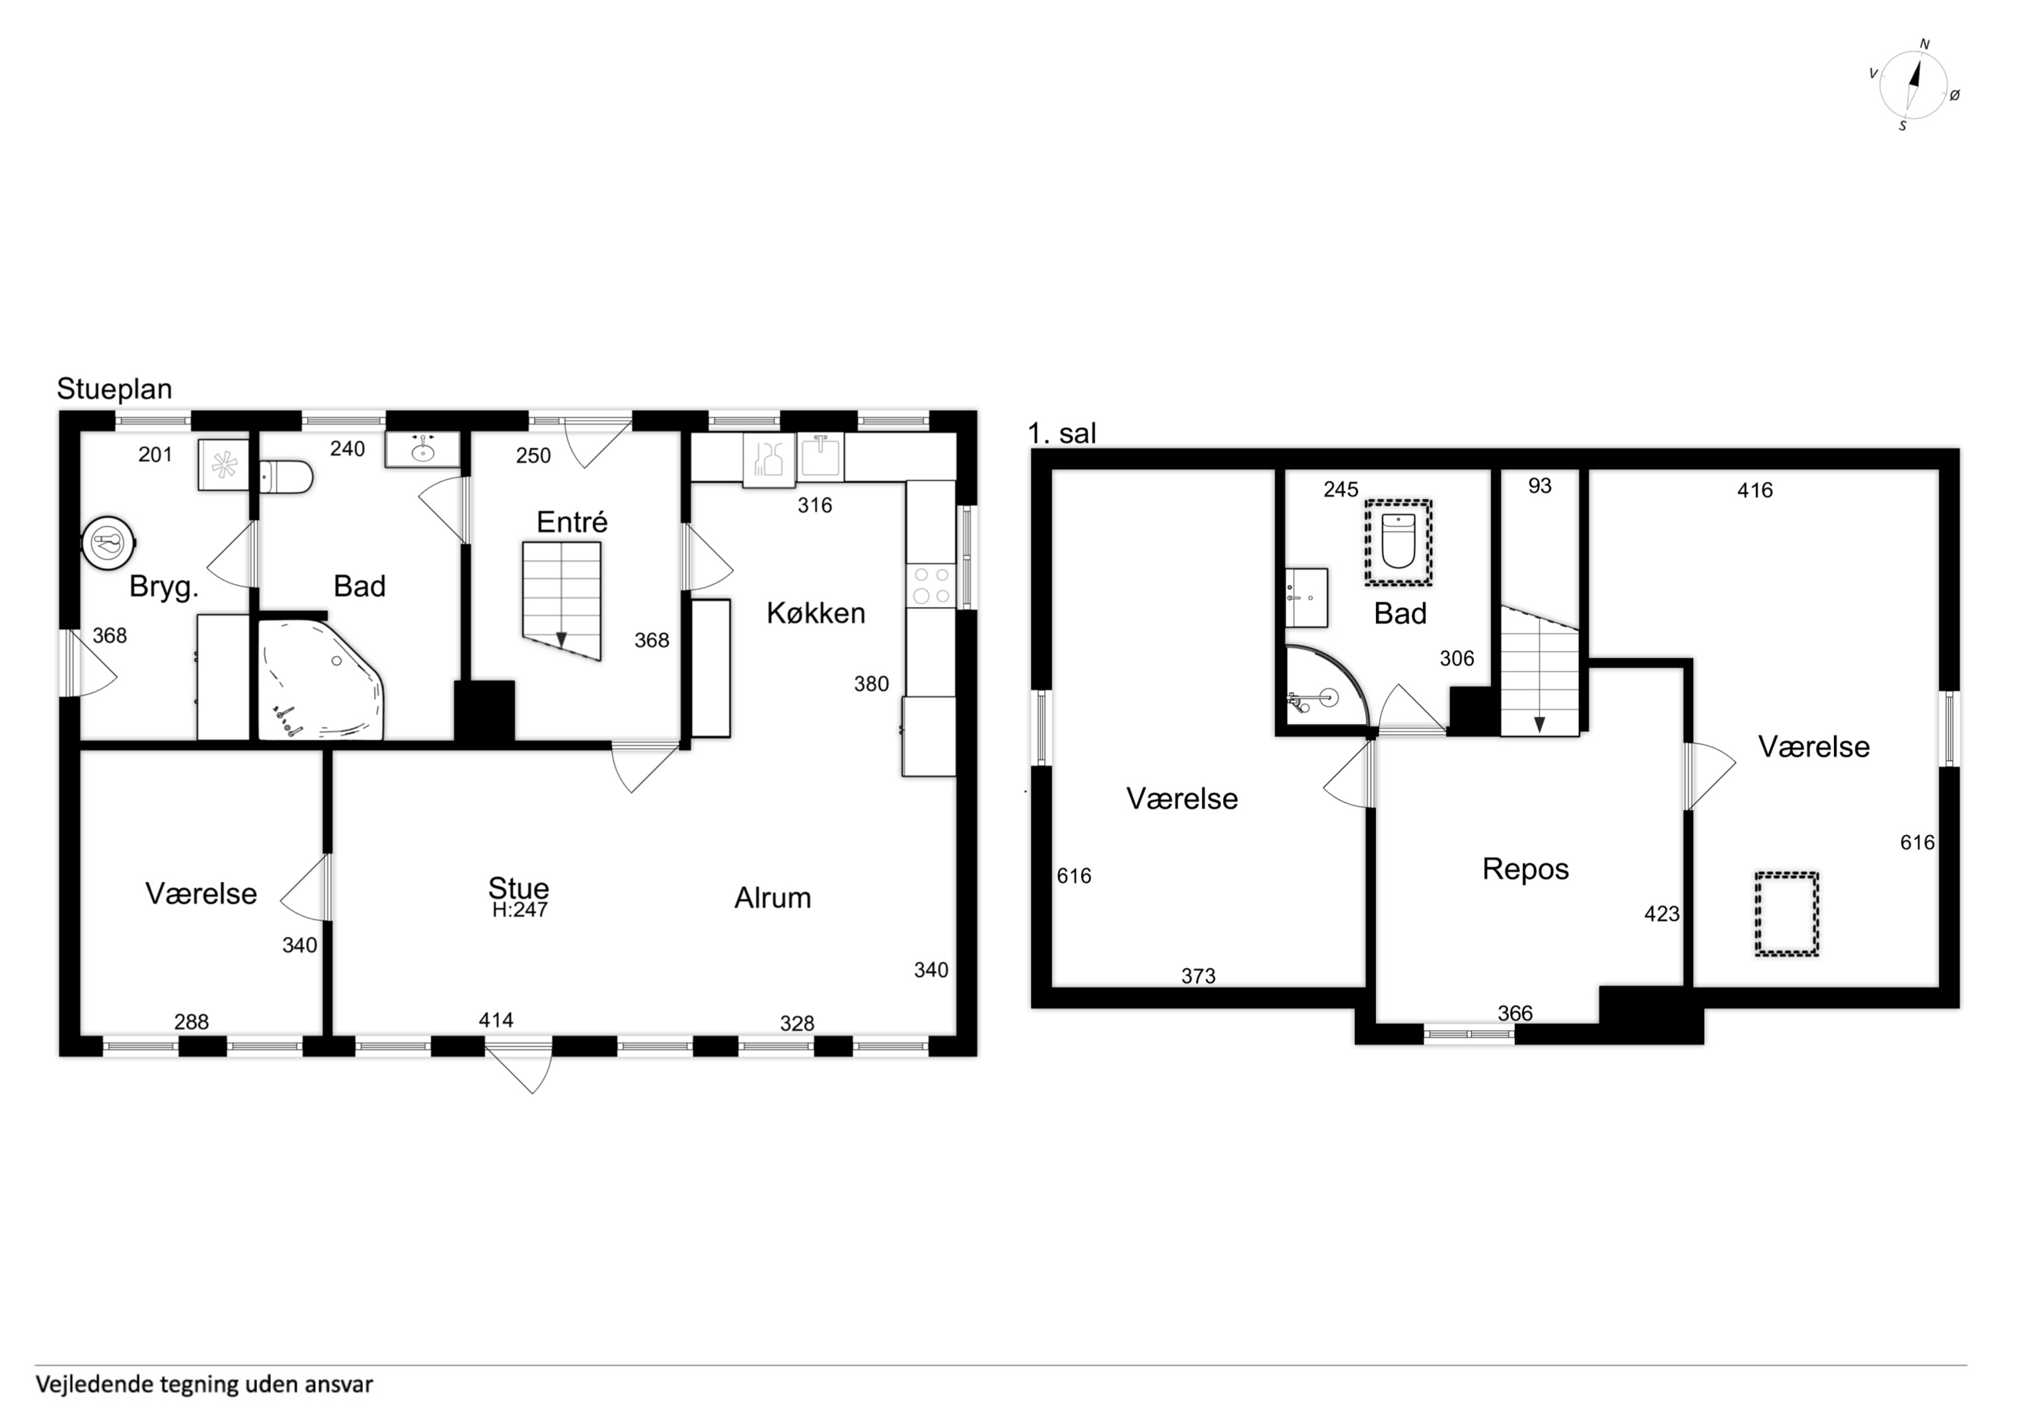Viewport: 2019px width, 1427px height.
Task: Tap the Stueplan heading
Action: [x=114, y=388]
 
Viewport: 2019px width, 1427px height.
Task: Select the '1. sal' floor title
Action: [x=1062, y=433]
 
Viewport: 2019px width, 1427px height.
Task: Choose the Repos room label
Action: [x=1526, y=869]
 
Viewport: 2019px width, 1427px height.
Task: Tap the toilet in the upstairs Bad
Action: [x=1398, y=542]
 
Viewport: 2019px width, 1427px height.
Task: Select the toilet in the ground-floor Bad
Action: [x=287, y=478]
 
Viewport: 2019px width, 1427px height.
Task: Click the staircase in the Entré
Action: [x=561, y=601]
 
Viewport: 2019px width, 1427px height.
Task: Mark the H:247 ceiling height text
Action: [x=519, y=910]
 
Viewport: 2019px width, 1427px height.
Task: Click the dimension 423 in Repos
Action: [x=1662, y=914]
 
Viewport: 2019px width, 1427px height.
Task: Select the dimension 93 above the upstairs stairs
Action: [x=1540, y=486]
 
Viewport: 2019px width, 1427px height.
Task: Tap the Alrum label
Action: [x=773, y=898]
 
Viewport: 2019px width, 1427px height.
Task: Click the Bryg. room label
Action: [x=163, y=587]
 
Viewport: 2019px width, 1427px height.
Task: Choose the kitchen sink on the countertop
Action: [x=820, y=457]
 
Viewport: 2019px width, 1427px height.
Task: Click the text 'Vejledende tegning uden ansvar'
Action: [x=204, y=1385]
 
